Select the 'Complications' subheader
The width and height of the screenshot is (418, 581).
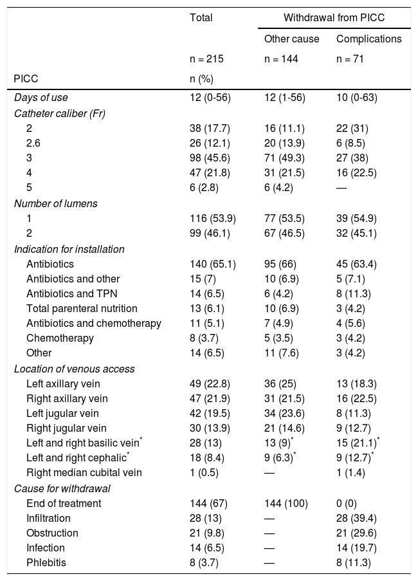(x=368, y=39)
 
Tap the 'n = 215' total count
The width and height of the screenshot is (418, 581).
(x=206, y=59)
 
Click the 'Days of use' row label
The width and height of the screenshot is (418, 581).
(x=41, y=97)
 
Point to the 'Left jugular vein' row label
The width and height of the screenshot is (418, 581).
(x=62, y=413)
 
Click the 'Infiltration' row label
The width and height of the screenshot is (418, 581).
(x=48, y=517)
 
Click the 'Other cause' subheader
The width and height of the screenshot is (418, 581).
(x=291, y=39)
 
